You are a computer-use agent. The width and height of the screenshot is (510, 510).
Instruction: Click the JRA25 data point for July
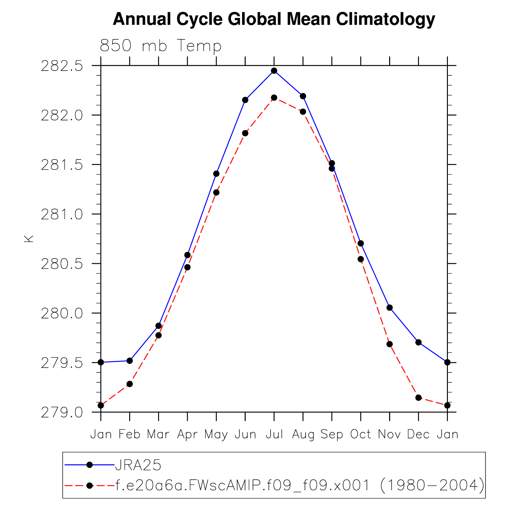coord(274,71)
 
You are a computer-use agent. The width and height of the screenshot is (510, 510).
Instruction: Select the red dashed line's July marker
coord(274,98)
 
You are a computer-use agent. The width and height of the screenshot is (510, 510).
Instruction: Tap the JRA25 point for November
coord(389,308)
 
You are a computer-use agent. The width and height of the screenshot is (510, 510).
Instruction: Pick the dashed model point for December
coord(418,398)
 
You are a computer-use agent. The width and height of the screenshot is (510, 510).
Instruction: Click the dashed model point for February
coord(129,384)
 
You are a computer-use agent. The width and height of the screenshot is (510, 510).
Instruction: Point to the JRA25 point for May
coord(216,174)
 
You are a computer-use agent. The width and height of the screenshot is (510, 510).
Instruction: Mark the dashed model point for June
coord(245,133)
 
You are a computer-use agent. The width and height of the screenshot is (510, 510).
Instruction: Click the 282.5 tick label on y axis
coord(62,66)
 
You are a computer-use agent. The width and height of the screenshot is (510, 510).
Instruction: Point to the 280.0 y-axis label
coord(62,313)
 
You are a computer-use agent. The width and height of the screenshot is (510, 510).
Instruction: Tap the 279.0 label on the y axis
coord(62,412)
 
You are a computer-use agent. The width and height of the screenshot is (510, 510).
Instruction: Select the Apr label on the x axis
coord(187,435)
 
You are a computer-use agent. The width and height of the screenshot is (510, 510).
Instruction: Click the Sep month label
coord(332,435)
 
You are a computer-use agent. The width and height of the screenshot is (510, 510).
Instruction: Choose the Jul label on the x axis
coord(274,435)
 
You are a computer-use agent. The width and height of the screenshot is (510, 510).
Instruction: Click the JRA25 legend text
coord(138,465)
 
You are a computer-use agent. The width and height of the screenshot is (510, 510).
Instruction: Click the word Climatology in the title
coord(385,19)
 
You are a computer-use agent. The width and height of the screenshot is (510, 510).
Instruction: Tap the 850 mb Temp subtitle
coord(161,46)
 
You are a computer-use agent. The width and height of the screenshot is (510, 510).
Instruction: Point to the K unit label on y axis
coord(29,239)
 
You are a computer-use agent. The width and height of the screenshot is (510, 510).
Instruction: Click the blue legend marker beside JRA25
coord(90,465)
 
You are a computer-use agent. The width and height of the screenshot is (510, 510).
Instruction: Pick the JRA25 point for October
coord(361,243)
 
